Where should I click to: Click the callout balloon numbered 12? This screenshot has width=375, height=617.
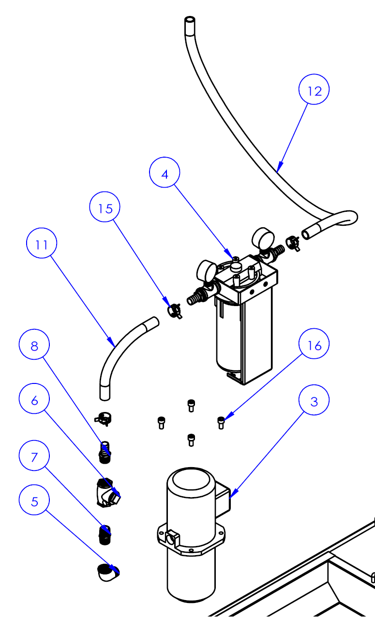[x=314, y=90]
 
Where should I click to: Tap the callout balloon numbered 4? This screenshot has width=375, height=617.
[x=165, y=173]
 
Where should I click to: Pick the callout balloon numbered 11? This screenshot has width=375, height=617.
[x=42, y=244]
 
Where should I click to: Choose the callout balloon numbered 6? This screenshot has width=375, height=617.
[x=34, y=399]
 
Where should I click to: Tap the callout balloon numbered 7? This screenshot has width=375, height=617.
[x=34, y=457]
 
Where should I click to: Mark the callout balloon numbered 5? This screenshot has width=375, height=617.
[x=34, y=501]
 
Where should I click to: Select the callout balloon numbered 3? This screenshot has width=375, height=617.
[x=314, y=401]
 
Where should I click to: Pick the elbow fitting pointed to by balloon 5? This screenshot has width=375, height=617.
[x=107, y=572]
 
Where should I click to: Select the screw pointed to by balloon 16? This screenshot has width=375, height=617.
[x=221, y=422]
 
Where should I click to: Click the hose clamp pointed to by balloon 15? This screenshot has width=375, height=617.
[x=174, y=310]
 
